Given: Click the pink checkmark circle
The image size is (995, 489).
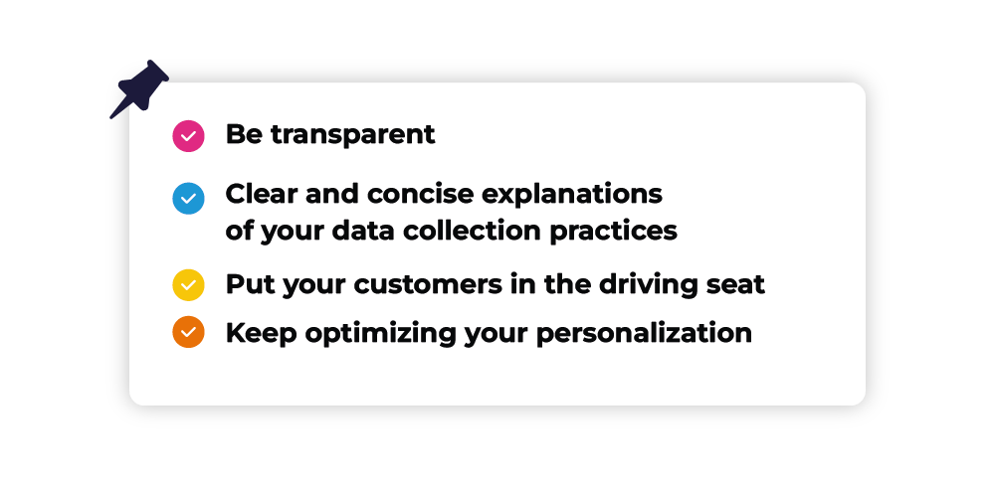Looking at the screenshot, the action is pyautogui.click(x=188, y=136).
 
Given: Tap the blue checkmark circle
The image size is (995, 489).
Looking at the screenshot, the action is pyautogui.click(x=188, y=199).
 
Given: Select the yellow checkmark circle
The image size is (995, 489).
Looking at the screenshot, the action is pyautogui.click(x=188, y=285).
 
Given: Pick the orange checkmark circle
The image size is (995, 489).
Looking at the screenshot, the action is pyautogui.click(x=188, y=332).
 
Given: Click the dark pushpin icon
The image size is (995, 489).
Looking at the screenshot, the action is pyautogui.click(x=139, y=88).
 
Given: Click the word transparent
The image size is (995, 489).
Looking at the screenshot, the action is pyautogui.click(x=353, y=135).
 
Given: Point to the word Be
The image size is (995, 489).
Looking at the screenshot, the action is pyautogui.click(x=244, y=134).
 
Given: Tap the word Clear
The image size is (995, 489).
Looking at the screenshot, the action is pyautogui.click(x=262, y=194).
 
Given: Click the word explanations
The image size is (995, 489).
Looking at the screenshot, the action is pyautogui.click(x=572, y=195).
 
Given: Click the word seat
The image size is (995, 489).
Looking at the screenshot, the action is pyautogui.click(x=736, y=285).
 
